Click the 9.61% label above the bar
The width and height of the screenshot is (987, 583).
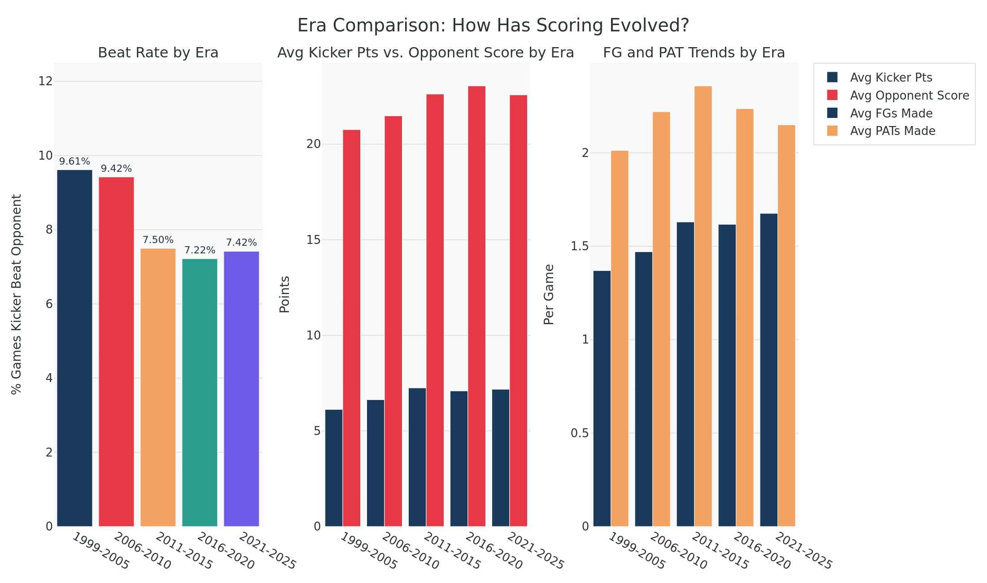point(74,161)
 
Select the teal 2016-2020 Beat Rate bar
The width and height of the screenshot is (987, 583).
point(200,392)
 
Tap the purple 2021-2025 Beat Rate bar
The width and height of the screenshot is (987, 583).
point(241,389)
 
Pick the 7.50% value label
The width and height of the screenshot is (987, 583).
point(158,240)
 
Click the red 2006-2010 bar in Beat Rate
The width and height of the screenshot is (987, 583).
point(116,352)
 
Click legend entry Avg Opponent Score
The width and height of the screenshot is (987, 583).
point(909,96)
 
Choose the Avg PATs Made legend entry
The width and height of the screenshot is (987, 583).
point(892,131)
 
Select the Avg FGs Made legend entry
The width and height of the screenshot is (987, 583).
point(891,113)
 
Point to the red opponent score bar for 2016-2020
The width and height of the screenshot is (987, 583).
point(476,306)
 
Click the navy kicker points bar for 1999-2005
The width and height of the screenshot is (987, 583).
point(334,468)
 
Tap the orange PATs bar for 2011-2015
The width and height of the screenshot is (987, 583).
point(703,306)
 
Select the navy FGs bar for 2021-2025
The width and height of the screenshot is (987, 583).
point(769,370)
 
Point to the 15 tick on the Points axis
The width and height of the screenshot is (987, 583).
point(314,240)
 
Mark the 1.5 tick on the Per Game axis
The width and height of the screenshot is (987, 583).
point(579,246)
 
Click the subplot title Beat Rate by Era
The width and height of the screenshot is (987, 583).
point(158,53)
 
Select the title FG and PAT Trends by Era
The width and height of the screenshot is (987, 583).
point(694,53)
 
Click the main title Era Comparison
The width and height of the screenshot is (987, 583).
point(493,26)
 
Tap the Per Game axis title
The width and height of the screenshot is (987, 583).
point(549,294)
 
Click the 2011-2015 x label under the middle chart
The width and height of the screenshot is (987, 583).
point(451,551)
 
